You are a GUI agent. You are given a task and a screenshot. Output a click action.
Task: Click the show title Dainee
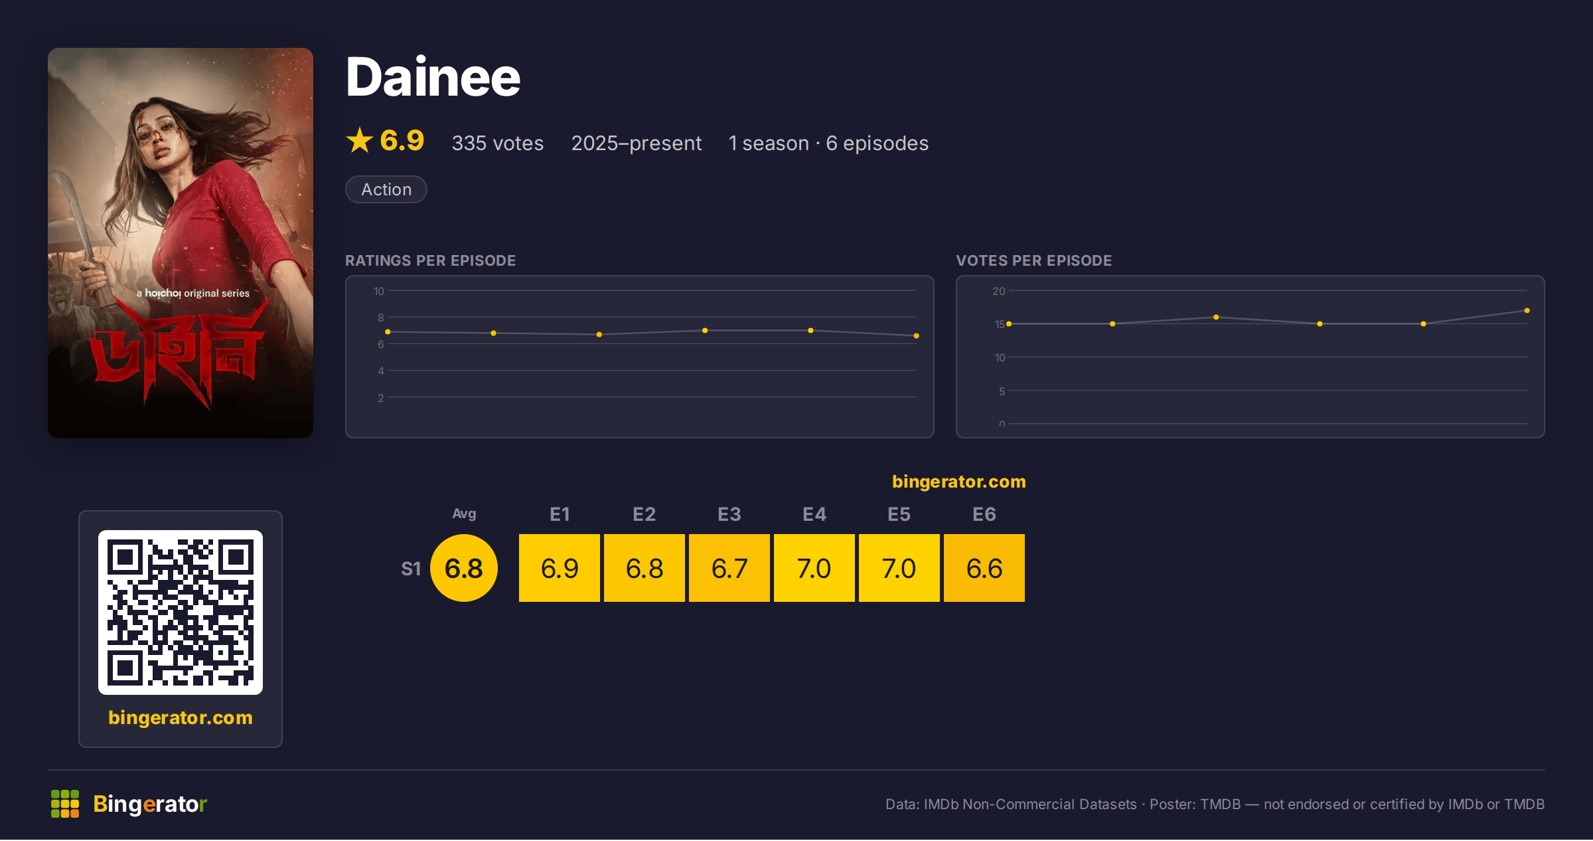click(433, 77)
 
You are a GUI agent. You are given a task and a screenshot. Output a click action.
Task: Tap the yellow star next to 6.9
click(360, 140)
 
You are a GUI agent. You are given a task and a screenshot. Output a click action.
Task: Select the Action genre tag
click(386, 189)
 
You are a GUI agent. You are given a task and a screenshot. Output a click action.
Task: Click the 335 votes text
click(498, 143)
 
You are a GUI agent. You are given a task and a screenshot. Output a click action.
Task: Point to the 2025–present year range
click(637, 143)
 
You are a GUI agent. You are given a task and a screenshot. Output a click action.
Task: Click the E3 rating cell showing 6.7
click(729, 568)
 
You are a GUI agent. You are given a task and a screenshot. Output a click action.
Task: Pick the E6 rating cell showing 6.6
click(984, 568)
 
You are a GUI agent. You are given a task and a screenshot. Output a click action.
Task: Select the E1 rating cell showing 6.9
click(560, 568)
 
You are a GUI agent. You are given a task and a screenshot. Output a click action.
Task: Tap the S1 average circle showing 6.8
click(464, 568)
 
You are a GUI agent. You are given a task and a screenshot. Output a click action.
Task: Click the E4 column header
click(814, 514)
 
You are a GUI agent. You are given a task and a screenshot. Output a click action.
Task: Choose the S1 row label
click(411, 569)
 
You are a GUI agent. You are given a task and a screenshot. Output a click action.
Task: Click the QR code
click(181, 612)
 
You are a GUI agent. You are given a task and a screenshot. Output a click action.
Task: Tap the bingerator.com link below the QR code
click(181, 717)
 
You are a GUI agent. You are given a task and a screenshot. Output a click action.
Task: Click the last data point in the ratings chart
click(917, 335)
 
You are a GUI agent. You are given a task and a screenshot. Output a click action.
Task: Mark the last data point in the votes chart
click(1527, 310)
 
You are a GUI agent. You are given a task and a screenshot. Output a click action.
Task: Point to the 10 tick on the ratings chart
click(379, 291)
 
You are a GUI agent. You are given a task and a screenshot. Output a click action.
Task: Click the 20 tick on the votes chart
click(999, 291)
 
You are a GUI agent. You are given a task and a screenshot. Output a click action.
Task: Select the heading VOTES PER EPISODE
click(1034, 260)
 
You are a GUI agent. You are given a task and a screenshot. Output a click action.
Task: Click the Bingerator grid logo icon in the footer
click(65, 804)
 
